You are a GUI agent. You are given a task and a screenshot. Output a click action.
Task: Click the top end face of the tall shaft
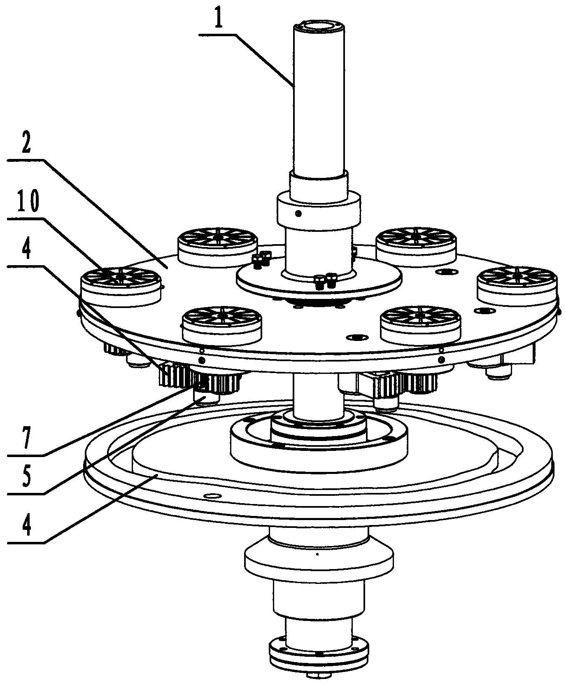tap(319, 26)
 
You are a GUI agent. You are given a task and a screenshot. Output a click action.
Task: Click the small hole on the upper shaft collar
tap(298, 213)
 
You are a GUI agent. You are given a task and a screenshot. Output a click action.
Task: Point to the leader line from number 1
tap(247, 60)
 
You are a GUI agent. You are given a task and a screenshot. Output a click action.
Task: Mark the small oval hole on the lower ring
tap(212, 496)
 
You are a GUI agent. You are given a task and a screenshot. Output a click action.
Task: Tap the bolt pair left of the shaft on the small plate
tap(261, 261)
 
